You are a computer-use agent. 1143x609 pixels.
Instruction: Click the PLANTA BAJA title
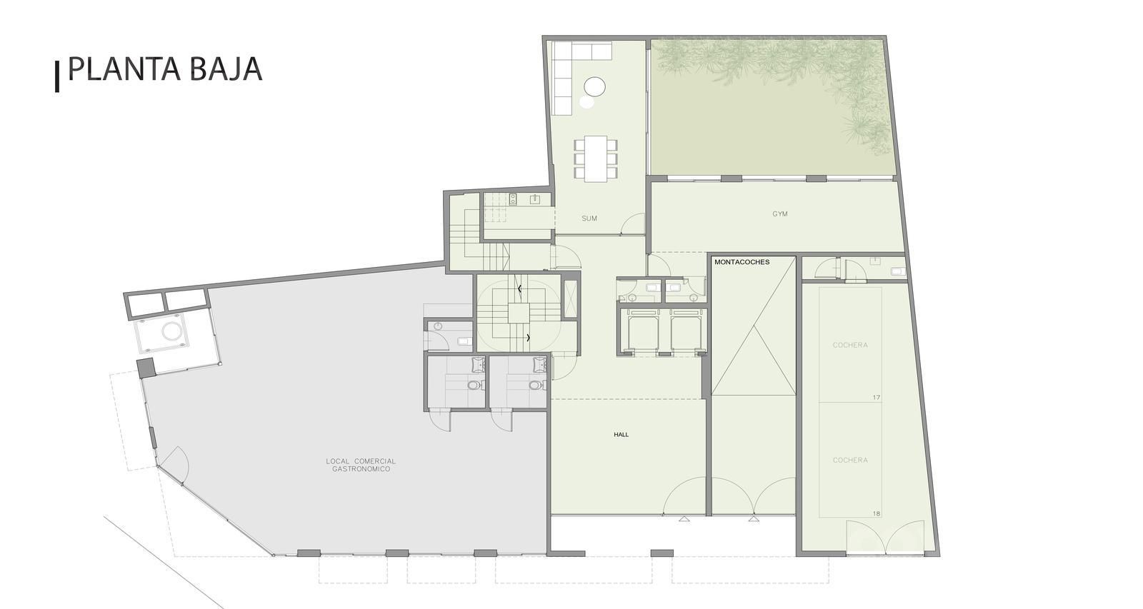pyautogui.click(x=165, y=69)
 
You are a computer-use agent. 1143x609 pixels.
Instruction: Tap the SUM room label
pyautogui.click(x=589, y=218)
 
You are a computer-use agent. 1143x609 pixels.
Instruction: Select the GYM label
pyautogui.click(x=779, y=214)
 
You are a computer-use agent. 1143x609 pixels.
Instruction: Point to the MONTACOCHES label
pyautogui.click(x=742, y=262)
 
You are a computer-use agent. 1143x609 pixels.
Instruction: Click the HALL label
pyautogui.click(x=621, y=435)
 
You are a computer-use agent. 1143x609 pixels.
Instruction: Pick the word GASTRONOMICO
pyautogui.click(x=361, y=469)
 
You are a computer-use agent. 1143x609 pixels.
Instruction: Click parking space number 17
pyautogui.click(x=876, y=398)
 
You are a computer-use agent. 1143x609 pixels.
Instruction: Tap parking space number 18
pyautogui.click(x=876, y=513)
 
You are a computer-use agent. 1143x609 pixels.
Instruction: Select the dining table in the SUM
pyautogui.click(x=596, y=158)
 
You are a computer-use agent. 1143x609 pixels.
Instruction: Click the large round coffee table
pyautogui.click(x=594, y=86)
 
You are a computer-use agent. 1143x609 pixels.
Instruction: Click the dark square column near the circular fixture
pyautogui.click(x=146, y=367)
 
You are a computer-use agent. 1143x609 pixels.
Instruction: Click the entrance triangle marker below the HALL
pyautogui.click(x=684, y=519)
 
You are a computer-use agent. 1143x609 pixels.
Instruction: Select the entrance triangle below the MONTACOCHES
pyautogui.click(x=754, y=519)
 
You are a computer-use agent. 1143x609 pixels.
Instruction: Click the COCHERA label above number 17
pyautogui.click(x=850, y=346)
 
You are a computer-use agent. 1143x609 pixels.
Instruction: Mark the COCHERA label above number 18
pyautogui.click(x=850, y=460)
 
